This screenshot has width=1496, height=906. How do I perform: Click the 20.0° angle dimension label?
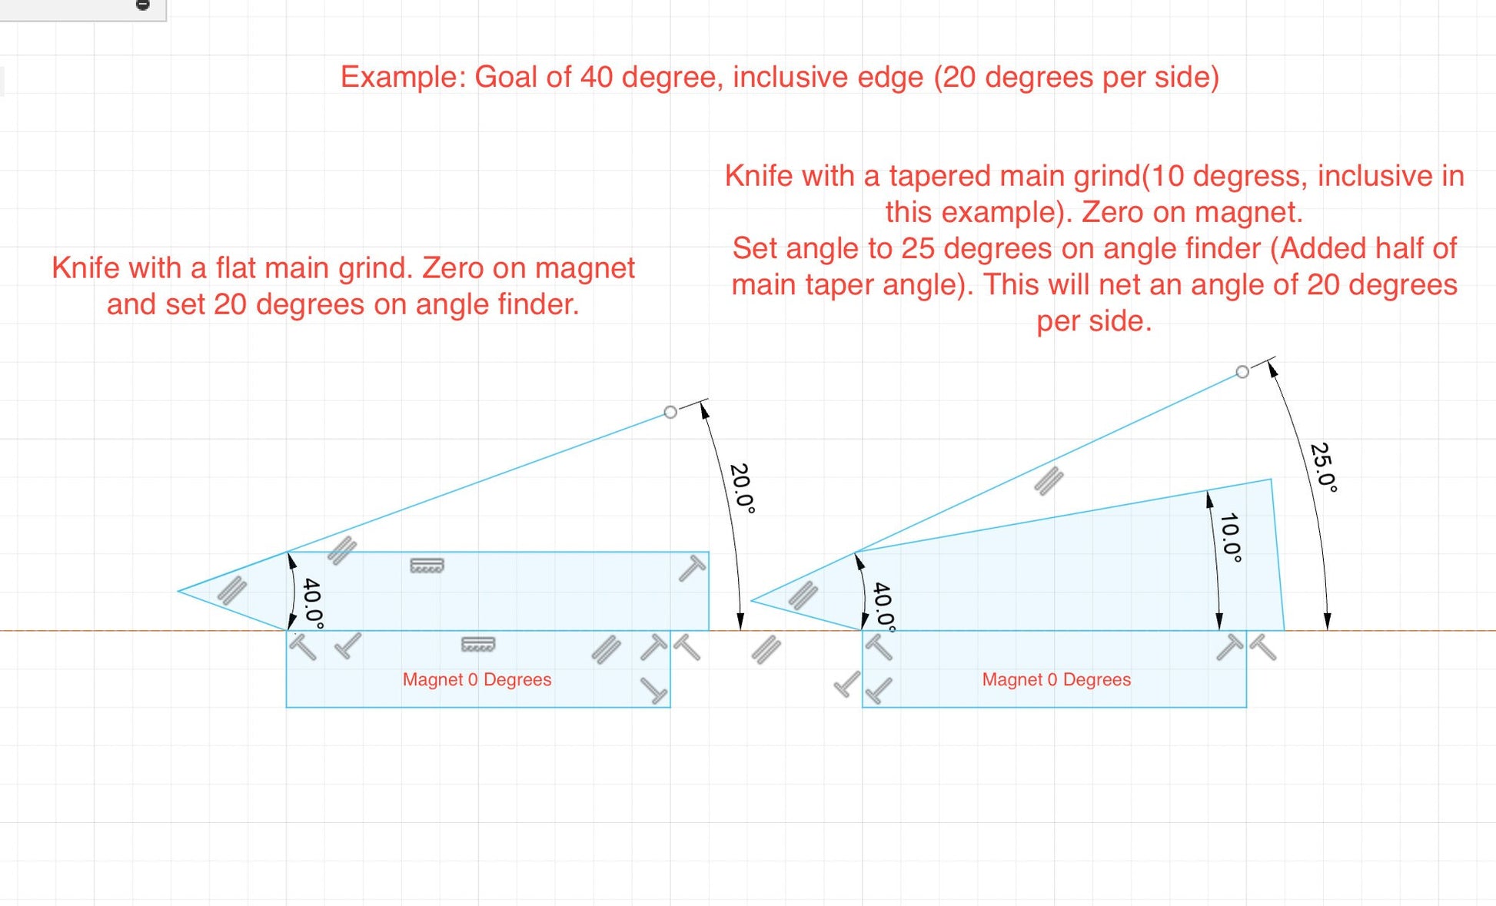coord(743,488)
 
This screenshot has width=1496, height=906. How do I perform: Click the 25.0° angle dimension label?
coord(1324,467)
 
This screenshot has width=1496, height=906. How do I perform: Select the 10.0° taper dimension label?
coord(1231,537)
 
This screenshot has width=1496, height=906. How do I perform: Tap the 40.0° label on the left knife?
coord(313,603)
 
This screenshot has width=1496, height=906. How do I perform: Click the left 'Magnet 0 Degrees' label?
coord(477,679)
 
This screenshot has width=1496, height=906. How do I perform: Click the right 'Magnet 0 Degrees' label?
coord(1056,679)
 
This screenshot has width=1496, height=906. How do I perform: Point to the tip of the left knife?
coord(178,591)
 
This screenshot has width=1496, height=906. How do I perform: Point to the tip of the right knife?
coord(751,600)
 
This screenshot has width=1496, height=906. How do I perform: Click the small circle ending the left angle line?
coord(670,413)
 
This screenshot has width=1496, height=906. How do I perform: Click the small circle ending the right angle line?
coord(1242,372)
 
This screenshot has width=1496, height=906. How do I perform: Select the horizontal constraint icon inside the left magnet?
coord(478,644)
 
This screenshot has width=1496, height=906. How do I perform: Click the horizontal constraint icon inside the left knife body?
coord(427,566)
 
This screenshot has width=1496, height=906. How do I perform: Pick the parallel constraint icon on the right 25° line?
coord(1049,481)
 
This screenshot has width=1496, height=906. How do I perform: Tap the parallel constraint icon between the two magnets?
coord(766,649)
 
